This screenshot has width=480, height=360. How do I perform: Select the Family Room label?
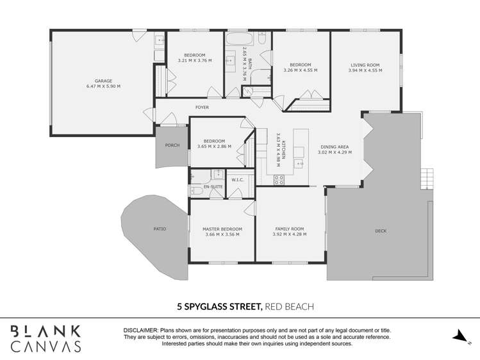click(x=289, y=229)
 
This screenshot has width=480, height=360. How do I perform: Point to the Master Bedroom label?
click(x=222, y=229)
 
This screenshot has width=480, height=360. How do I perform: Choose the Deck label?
click(x=381, y=231)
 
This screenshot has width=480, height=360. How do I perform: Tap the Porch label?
click(x=172, y=145)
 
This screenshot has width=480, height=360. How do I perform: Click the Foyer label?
click(x=203, y=108)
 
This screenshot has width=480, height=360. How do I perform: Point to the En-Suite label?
click(x=212, y=186)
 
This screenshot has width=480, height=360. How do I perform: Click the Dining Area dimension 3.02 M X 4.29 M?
click(x=336, y=152)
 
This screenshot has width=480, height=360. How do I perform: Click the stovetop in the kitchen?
click(x=279, y=180)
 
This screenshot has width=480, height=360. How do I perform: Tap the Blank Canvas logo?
click(x=46, y=338)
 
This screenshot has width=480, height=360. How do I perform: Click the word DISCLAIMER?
click(x=140, y=331)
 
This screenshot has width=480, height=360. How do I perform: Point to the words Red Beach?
click(x=290, y=307)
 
